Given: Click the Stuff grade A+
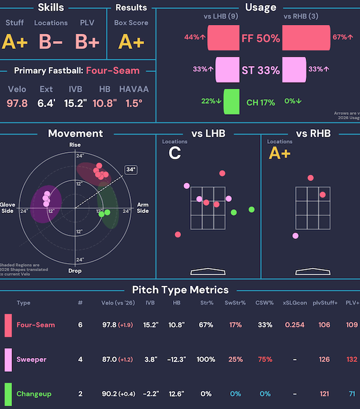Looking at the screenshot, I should click(15, 42).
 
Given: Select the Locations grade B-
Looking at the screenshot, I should click(50, 42).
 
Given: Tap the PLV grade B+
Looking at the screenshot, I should click(88, 42).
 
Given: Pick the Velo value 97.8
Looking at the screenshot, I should click(17, 103).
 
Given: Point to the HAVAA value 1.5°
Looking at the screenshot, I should click(134, 103).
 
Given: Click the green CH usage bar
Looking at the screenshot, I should click(231, 102).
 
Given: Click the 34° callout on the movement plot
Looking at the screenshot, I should click(130, 169).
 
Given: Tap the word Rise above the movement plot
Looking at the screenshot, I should click(75, 145).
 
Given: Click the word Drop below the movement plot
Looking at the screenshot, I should click(75, 271).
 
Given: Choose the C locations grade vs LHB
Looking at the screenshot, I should click(174, 153).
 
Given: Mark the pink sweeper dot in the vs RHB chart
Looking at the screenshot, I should click(296, 236).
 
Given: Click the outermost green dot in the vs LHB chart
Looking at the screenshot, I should click(252, 209).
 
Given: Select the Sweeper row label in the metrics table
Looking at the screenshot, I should click(31, 359).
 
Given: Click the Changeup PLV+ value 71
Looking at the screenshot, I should click(352, 393).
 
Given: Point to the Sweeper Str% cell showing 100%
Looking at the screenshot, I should click(206, 359).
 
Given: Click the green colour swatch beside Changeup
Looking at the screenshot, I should click(8, 393).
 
